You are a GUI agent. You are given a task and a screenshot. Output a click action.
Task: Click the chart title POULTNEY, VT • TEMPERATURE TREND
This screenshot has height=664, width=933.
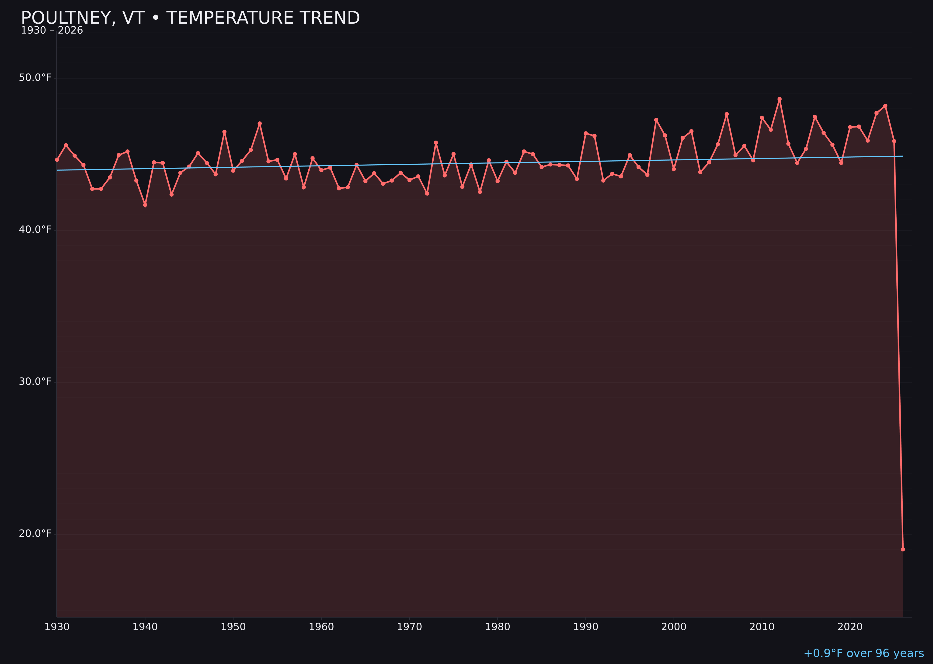(190, 18)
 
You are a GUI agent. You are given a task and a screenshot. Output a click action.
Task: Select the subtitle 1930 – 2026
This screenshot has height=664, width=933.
(52, 31)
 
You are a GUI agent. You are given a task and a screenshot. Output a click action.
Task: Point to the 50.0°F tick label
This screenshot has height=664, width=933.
(35, 78)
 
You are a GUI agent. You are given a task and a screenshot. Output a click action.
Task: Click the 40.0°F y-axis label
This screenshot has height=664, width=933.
(35, 230)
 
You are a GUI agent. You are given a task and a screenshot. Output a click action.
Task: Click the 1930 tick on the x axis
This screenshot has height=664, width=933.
(57, 627)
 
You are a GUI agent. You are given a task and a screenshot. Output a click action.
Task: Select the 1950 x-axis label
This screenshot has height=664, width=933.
(233, 627)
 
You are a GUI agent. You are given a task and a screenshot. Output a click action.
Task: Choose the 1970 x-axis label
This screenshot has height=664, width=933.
(409, 627)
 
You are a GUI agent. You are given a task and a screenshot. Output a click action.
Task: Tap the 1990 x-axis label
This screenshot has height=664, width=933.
(585, 627)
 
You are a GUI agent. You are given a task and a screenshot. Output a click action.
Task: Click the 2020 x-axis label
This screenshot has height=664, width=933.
(850, 627)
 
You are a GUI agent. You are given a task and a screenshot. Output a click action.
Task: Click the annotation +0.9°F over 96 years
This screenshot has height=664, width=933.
(863, 653)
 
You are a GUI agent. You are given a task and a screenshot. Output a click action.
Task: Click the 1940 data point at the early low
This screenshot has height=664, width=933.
(145, 205)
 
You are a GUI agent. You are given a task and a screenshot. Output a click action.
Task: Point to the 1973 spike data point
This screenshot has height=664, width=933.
(436, 143)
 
